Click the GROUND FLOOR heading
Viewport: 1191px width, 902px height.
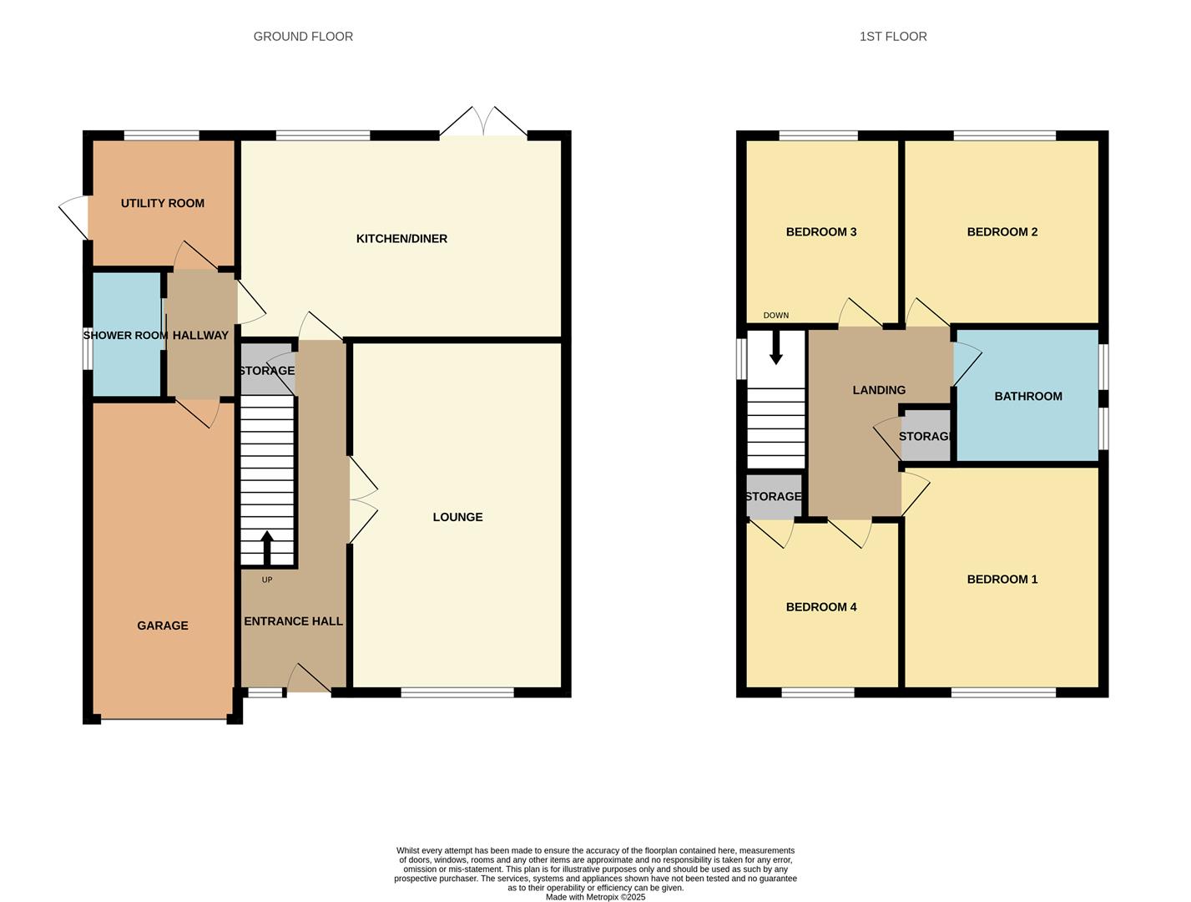(x=303, y=37)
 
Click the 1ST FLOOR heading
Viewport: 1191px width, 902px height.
(x=893, y=37)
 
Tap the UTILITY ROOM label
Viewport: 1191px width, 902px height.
(x=162, y=203)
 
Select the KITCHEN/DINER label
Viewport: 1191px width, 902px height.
(x=401, y=239)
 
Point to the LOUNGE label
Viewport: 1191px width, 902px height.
(x=457, y=517)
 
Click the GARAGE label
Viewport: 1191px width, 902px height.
(x=163, y=626)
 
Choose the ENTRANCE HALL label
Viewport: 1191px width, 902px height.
(x=293, y=621)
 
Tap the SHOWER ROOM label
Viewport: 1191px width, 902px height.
(x=125, y=336)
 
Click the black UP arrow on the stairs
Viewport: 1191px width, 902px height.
(x=267, y=547)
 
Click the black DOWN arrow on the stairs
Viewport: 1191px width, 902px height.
(x=776, y=347)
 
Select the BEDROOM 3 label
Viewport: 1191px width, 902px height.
(x=821, y=232)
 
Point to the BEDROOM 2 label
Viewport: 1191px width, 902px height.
(x=1002, y=232)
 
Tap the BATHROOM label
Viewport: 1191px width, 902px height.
(x=1027, y=397)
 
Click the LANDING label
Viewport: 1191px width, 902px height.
(x=879, y=390)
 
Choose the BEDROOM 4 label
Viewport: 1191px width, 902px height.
(x=821, y=607)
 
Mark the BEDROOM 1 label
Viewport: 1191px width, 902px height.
(x=1002, y=580)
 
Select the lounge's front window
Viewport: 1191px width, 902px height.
(x=457, y=692)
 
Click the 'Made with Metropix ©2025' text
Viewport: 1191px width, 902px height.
(x=595, y=897)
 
